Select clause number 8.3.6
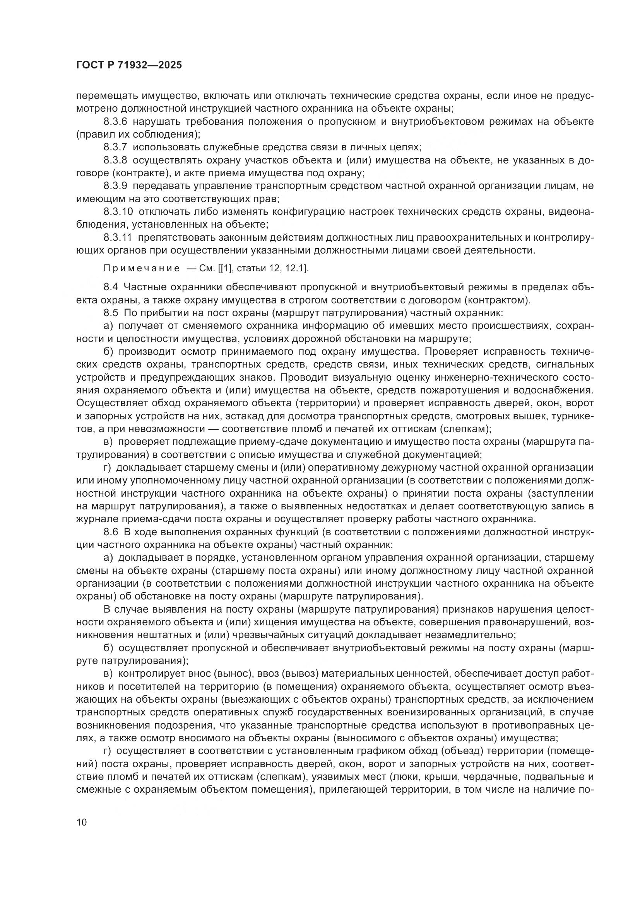(x=115, y=122)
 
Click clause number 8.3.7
(x=115, y=147)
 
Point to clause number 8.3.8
(x=115, y=160)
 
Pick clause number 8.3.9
(x=115, y=186)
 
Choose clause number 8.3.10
(x=118, y=212)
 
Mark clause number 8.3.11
(x=118, y=237)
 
